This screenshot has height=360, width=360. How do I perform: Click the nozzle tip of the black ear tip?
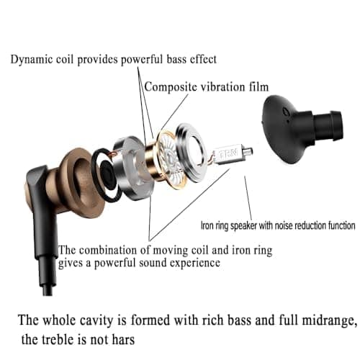click(336, 125)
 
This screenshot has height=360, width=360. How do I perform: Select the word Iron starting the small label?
click(207, 225)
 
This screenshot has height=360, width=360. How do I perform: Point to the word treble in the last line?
click(58, 340)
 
